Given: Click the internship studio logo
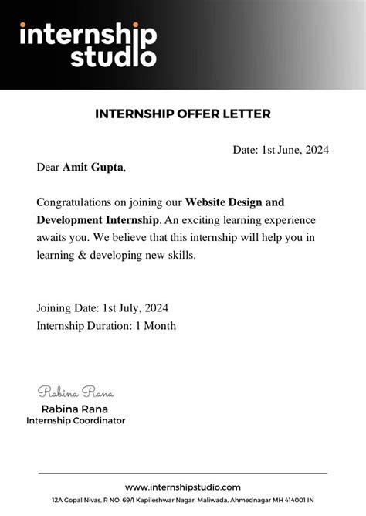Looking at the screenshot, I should coord(87,45).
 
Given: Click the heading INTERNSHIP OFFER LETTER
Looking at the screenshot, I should coord(183,114).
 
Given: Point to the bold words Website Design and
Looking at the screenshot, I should coord(235,202).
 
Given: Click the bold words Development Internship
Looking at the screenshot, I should coord(97,219).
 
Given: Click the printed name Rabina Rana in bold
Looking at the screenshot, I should coord(75,409).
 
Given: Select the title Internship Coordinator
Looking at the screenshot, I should coord(76,421).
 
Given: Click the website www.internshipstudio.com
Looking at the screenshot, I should coord(183,487).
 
